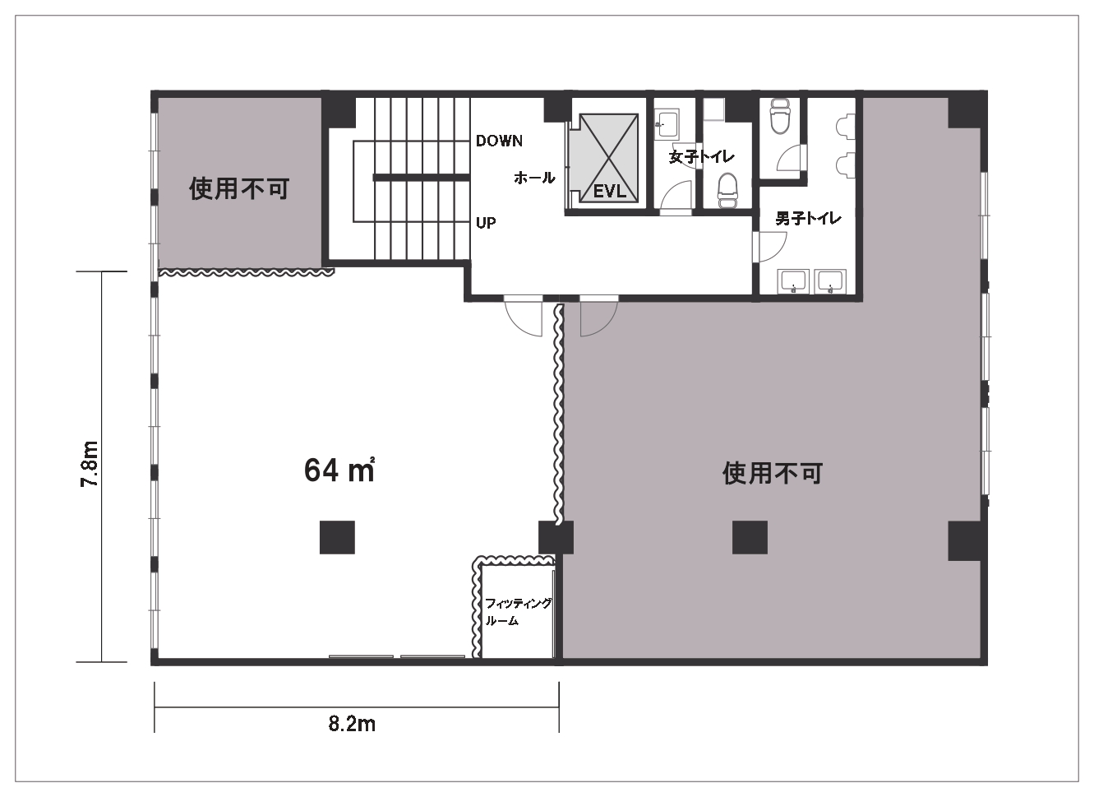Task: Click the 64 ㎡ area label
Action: pos(339,470)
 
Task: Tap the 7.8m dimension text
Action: pos(90,466)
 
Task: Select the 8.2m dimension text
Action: pos(352,724)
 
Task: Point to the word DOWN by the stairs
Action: pos(499,141)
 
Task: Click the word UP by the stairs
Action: pos(486,223)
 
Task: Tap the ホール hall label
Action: pos(534,178)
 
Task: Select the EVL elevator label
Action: pos(609,192)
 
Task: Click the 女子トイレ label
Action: pos(701,156)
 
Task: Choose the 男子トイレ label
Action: pos(808,219)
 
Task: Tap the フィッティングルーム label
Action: pos(517,612)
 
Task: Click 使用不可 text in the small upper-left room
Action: pos(239,188)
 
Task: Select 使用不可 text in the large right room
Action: pos(772,473)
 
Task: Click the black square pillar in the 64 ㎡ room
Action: pos(337,538)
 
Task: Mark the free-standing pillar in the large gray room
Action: pos(750,538)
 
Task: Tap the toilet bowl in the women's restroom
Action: pos(727,191)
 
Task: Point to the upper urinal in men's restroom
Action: pos(842,126)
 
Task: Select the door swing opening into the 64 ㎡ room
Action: pos(524,317)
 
